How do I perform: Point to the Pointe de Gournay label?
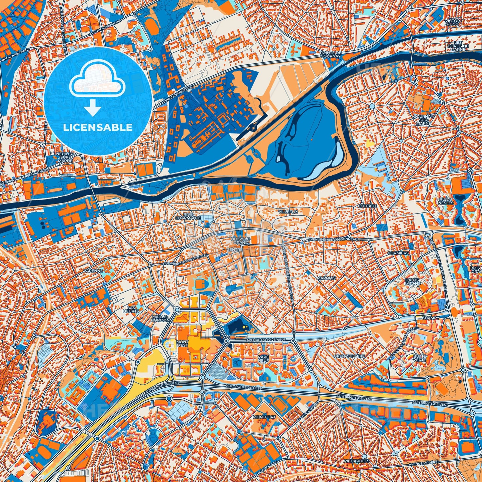tap(330, 54)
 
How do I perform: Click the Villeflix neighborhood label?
tap(288, 211)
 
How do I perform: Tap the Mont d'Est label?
tap(182, 344)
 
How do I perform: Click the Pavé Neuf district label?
tap(263, 359)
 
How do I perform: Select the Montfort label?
tap(264, 417)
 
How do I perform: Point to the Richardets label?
tap(357, 461)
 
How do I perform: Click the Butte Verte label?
tap(419, 358)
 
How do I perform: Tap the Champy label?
tap(430, 318)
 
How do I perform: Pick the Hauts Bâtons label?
tap(412, 282)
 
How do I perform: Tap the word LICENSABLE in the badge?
tap(98, 127)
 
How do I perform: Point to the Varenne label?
tap(93, 271)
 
